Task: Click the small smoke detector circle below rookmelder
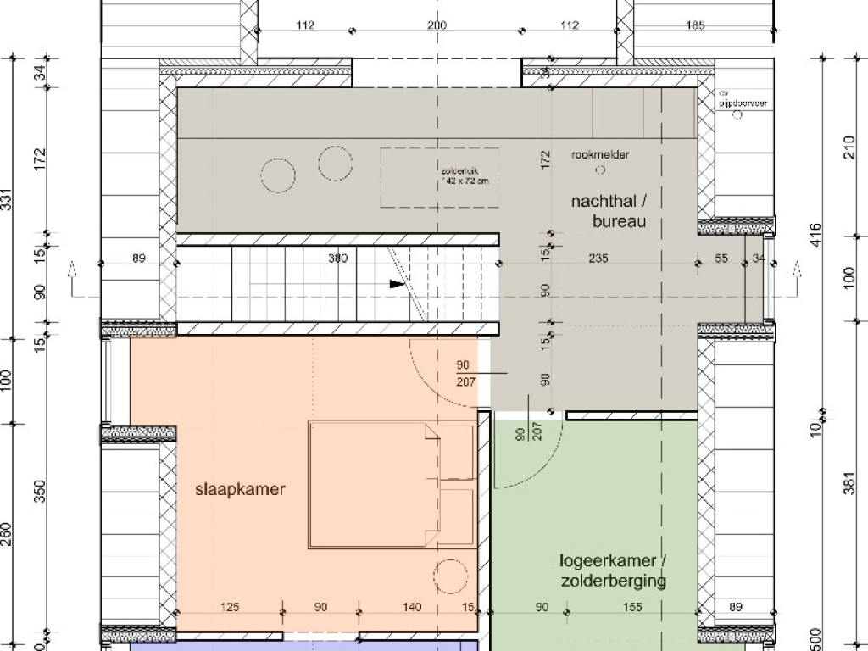(x=600, y=170)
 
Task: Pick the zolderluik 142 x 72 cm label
(x=465, y=175)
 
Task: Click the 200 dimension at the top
(x=437, y=25)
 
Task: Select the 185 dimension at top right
(x=694, y=25)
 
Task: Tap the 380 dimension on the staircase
(x=337, y=259)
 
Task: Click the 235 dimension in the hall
(x=601, y=259)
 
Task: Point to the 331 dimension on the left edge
(x=8, y=202)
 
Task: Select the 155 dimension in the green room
(x=631, y=607)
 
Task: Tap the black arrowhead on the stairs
(x=397, y=284)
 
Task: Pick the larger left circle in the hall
(x=278, y=176)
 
